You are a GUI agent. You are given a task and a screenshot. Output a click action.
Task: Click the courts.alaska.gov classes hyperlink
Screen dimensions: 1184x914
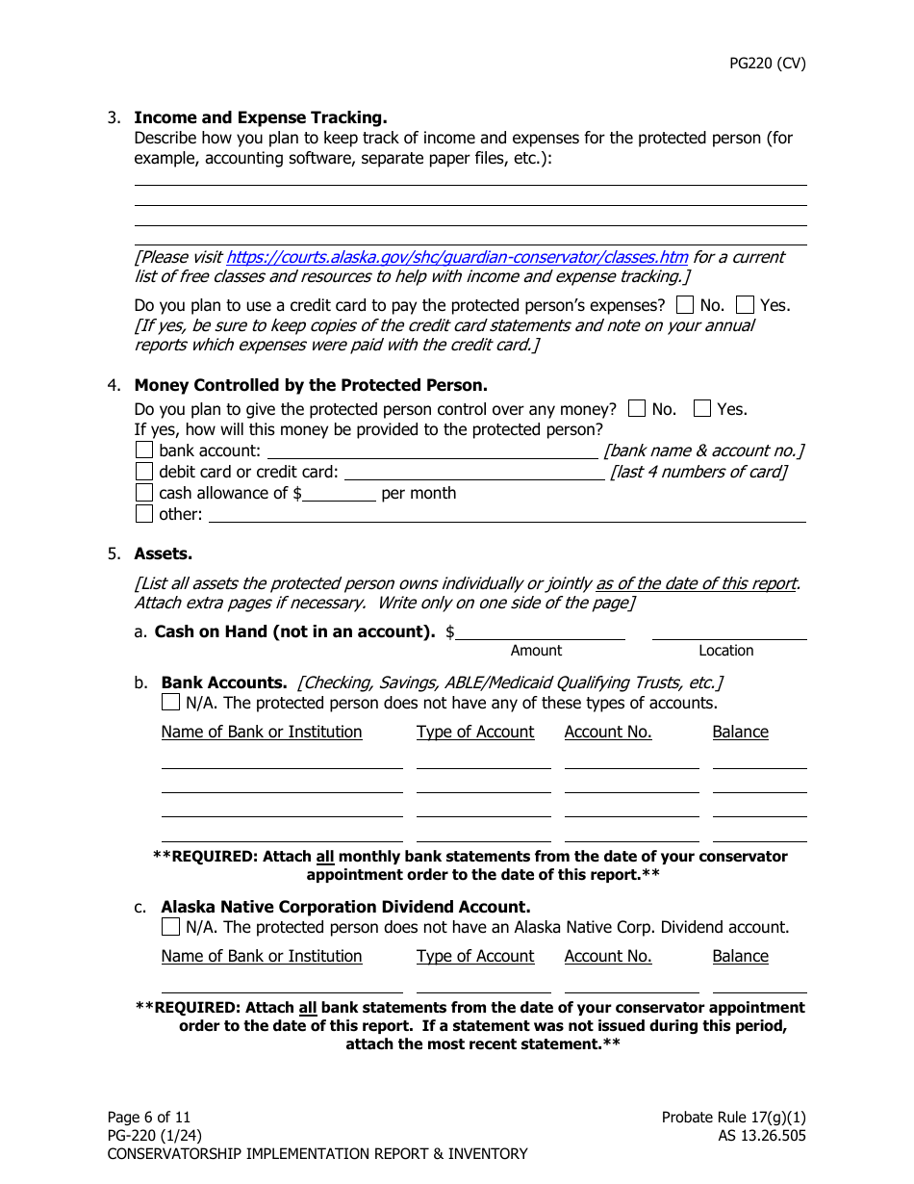tap(457, 257)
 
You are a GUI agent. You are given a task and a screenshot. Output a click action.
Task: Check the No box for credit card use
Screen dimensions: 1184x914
tap(685, 305)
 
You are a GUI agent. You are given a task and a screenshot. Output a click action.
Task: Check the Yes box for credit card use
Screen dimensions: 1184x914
tap(745, 305)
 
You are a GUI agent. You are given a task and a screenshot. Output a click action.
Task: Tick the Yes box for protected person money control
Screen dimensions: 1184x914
tap(702, 408)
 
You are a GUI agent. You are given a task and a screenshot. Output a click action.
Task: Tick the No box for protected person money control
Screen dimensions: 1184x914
tap(637, 408)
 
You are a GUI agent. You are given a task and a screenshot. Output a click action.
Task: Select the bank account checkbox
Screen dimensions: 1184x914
tap(144, 450)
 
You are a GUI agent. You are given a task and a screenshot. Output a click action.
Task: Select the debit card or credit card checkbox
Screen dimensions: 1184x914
tap(144, 471)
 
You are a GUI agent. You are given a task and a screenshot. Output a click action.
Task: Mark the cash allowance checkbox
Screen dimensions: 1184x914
tap(144, 492)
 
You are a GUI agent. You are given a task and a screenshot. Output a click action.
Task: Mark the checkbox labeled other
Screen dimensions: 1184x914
tap(144, 513)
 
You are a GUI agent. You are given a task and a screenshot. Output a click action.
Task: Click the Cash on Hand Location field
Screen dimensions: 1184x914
tap(728, 631)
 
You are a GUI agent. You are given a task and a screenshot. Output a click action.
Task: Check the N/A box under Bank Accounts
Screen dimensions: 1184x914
tap(171, 702)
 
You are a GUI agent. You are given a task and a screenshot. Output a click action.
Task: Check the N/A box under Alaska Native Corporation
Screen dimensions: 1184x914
tap(171, 927)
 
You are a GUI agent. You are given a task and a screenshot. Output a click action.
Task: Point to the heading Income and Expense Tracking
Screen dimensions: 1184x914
tap(260, 117)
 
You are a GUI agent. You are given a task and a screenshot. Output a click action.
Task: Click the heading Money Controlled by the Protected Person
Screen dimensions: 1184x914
tap(310, 385)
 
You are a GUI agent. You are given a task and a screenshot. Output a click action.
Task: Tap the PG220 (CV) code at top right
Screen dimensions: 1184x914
tap(767, 64)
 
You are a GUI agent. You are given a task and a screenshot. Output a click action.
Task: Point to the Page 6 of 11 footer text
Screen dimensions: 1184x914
tap(149, 1117)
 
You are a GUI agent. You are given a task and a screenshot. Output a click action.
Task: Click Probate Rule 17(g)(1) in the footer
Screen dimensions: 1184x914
tap(733, 1117)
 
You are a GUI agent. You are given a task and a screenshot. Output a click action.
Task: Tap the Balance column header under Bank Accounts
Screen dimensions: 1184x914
tap(740, 732)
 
